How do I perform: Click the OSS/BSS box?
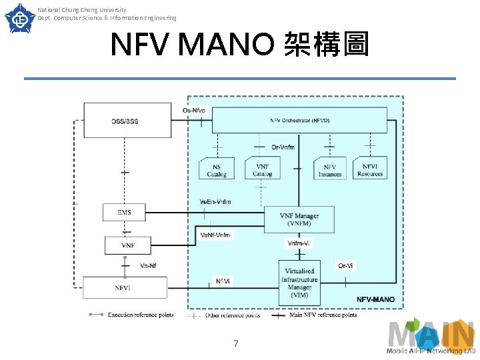point(125,121)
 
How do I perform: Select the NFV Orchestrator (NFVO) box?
point(299,120)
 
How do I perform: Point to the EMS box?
point(125,212)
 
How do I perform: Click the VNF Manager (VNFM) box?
point(299,219)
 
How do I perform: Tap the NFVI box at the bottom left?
point(125,288)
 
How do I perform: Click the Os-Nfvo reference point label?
point(193,110)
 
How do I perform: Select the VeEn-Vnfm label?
point(215,202)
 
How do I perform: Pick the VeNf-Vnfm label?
point(215,235)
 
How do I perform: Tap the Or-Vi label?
point(345,265)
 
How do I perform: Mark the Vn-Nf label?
point(149,265)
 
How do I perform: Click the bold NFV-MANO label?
point(375,299)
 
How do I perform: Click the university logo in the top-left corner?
point(19,18)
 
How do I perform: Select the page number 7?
point(235,343)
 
